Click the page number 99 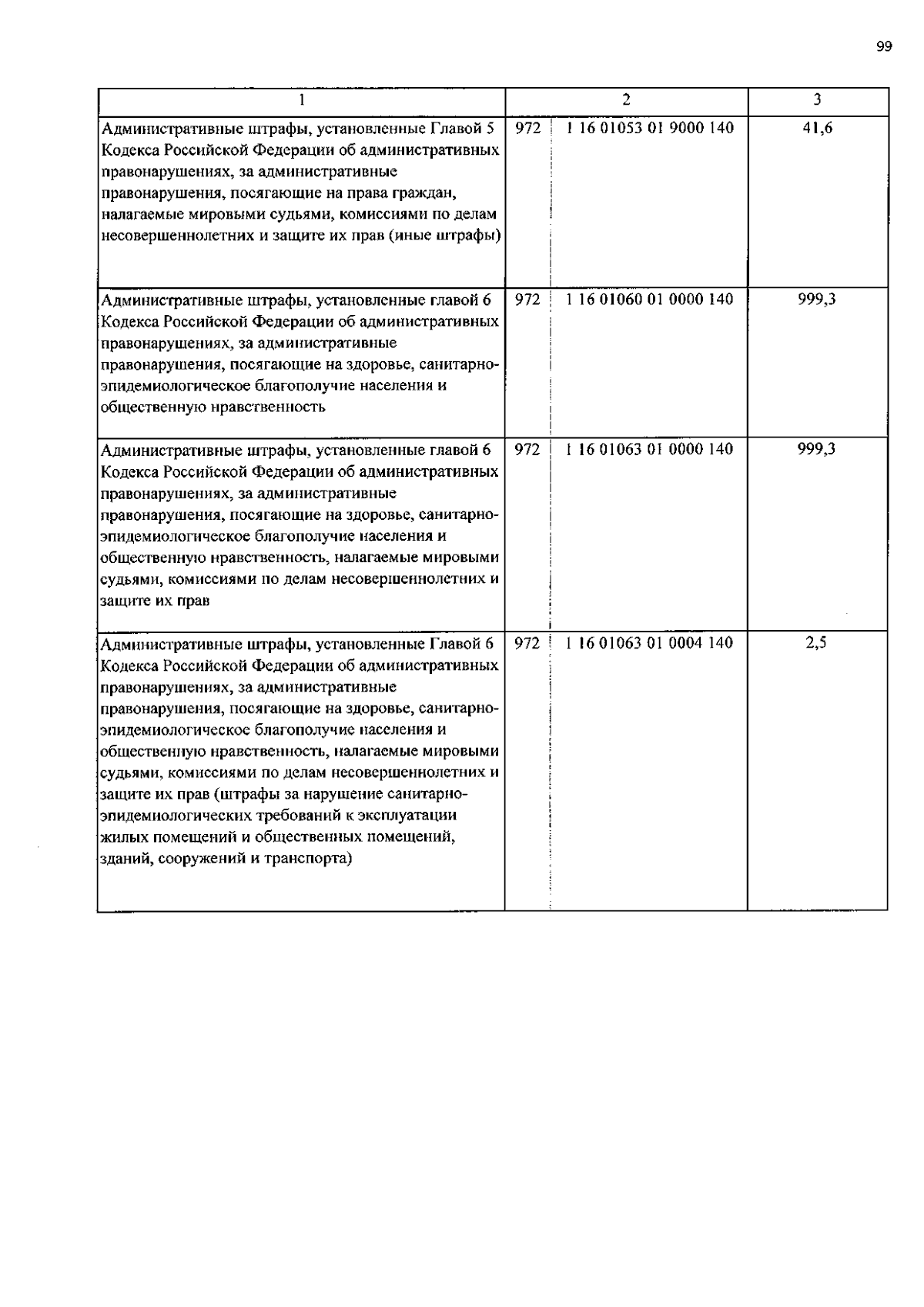(883, 47)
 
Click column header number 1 (302, 99)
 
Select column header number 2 (626, 99)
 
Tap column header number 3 (817, 99)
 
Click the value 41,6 (817, 129)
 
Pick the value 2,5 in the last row (816, 643)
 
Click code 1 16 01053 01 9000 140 (649, 129)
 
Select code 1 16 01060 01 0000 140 (649, 300)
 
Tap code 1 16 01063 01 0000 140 (649, 449)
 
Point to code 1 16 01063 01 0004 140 (649, 643)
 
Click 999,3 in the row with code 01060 (817, 300)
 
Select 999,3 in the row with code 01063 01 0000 (817, 449)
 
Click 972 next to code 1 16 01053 (527, 129)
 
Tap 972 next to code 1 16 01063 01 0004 (527, 643)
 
